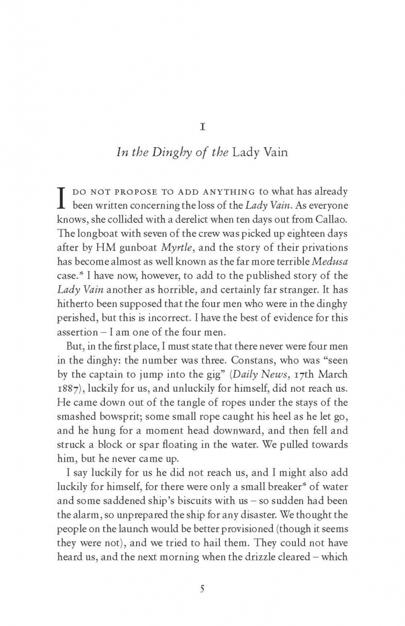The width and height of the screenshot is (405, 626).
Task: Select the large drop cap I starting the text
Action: click(63, 198)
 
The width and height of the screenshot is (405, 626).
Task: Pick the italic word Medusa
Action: click(331, 268)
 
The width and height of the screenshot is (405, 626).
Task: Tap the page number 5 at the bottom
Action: click(202, 588)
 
